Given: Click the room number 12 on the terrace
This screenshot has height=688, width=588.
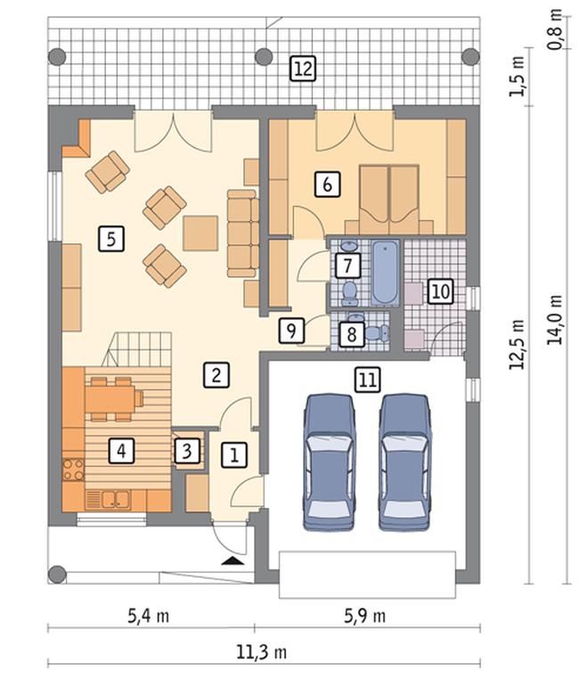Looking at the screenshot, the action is point(303,69).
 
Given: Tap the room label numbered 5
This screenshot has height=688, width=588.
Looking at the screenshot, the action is point(111,239).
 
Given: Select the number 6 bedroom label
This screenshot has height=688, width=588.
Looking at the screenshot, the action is point(328,184).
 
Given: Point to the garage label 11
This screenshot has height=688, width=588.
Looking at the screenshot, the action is point(367,380).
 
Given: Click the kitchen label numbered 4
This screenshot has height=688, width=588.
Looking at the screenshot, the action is point(121,451).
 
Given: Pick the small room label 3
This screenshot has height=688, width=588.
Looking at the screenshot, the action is point(187,451).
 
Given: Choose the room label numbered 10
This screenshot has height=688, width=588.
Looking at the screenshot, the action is point(441,291).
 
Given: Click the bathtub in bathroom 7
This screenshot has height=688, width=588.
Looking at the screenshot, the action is point(386,273).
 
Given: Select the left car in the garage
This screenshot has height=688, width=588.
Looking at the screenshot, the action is point(329,463).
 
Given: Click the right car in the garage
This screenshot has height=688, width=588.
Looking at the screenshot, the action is point(404,463).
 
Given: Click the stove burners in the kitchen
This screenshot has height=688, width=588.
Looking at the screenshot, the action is point(73,469).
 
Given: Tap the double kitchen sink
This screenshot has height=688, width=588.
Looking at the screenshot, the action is point(116,499).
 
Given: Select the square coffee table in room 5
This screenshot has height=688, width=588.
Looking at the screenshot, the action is point(200,233).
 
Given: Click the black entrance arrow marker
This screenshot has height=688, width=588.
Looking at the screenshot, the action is point(232,561).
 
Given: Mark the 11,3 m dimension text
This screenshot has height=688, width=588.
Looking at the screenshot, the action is point(262,652).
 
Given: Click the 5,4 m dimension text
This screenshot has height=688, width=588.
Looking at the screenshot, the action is point(149,617).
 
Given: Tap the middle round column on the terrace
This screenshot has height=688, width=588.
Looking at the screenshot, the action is point(264,57).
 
